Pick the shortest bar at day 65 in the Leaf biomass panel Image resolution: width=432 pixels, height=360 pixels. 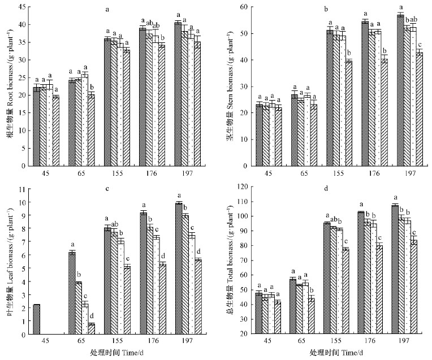click(x=91, y=329)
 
